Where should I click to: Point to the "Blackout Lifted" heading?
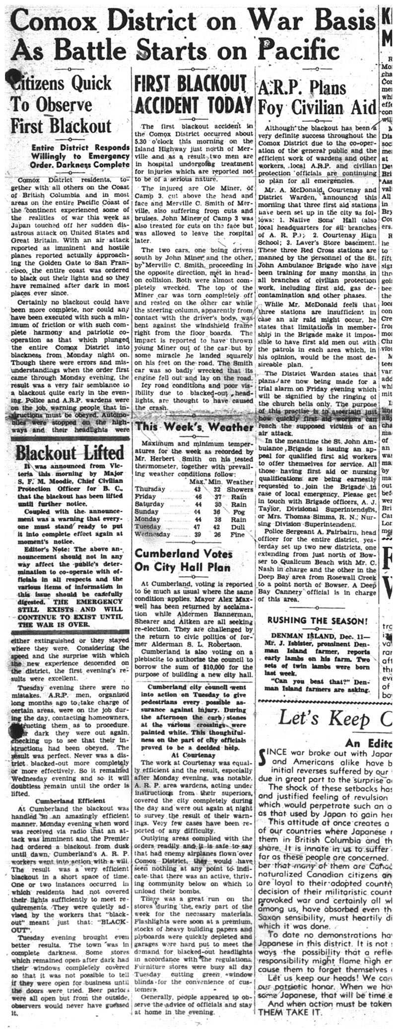[x=69, y=452]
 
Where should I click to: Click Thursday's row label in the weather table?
[x=150, y=489]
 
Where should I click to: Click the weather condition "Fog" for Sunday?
[x=238, y=512]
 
